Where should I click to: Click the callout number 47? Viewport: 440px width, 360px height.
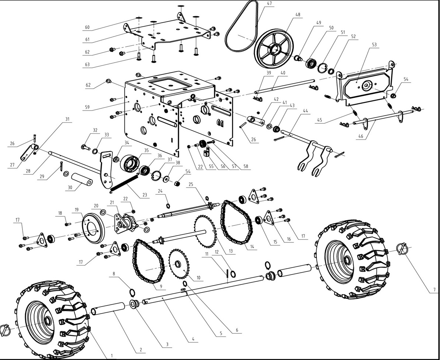point(270,3)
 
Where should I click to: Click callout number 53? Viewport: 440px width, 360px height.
point(374,45)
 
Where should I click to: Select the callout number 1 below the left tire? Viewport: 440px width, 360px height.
point(112,356)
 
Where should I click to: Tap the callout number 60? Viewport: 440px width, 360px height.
point(87,27)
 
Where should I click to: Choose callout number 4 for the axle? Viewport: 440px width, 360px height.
point(193,339)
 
